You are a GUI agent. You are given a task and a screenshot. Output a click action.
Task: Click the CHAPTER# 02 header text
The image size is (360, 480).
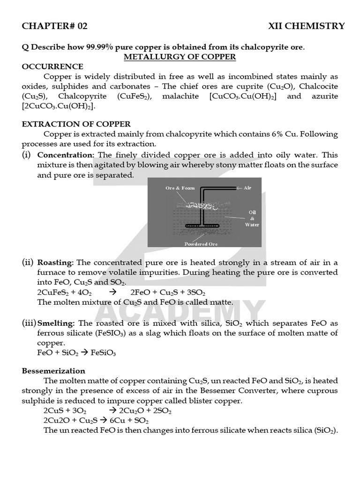(54, 26)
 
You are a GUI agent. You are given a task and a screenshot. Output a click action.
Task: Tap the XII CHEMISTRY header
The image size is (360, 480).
(306, 26)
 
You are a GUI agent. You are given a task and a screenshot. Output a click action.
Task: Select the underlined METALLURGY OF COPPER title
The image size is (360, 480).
(180, 57)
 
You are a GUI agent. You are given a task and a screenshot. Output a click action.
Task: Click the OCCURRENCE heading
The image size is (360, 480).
(52, 67)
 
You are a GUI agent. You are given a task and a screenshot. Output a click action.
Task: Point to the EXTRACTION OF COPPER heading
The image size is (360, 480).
(76, 124)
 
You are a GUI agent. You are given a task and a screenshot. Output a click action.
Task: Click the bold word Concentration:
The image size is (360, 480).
(66, 155)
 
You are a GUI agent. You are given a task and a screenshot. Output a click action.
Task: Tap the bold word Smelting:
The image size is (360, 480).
(56, 323)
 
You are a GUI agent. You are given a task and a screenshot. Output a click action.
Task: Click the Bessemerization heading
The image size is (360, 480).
(53, 371)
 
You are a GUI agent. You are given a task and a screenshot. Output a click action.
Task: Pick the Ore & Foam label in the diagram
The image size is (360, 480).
(180, 188)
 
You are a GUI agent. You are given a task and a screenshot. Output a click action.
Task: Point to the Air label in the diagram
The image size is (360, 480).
(247, 187)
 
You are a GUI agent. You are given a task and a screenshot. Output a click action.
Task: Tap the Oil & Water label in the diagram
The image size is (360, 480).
(252, 218)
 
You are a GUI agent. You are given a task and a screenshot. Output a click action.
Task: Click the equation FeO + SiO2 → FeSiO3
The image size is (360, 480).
(76, 353)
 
